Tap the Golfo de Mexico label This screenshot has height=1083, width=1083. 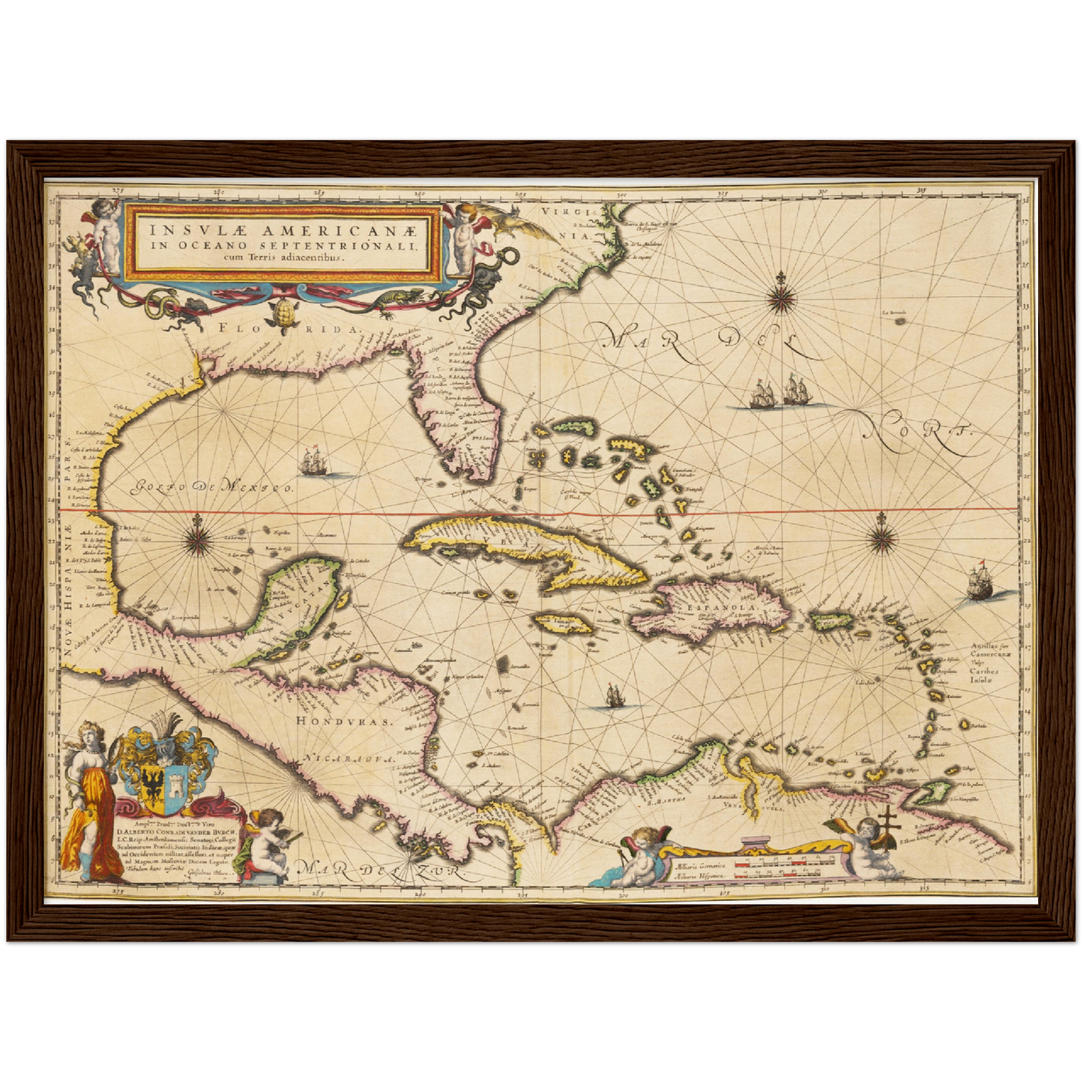click(x=213, y=488)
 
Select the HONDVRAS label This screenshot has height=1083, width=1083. click(x=344, y=721)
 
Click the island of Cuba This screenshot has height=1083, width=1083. click(x=525, y=547)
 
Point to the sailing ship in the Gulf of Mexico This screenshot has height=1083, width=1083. click(x=315, y=462)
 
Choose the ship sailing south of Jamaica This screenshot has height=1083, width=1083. click(x=615, y=696)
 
